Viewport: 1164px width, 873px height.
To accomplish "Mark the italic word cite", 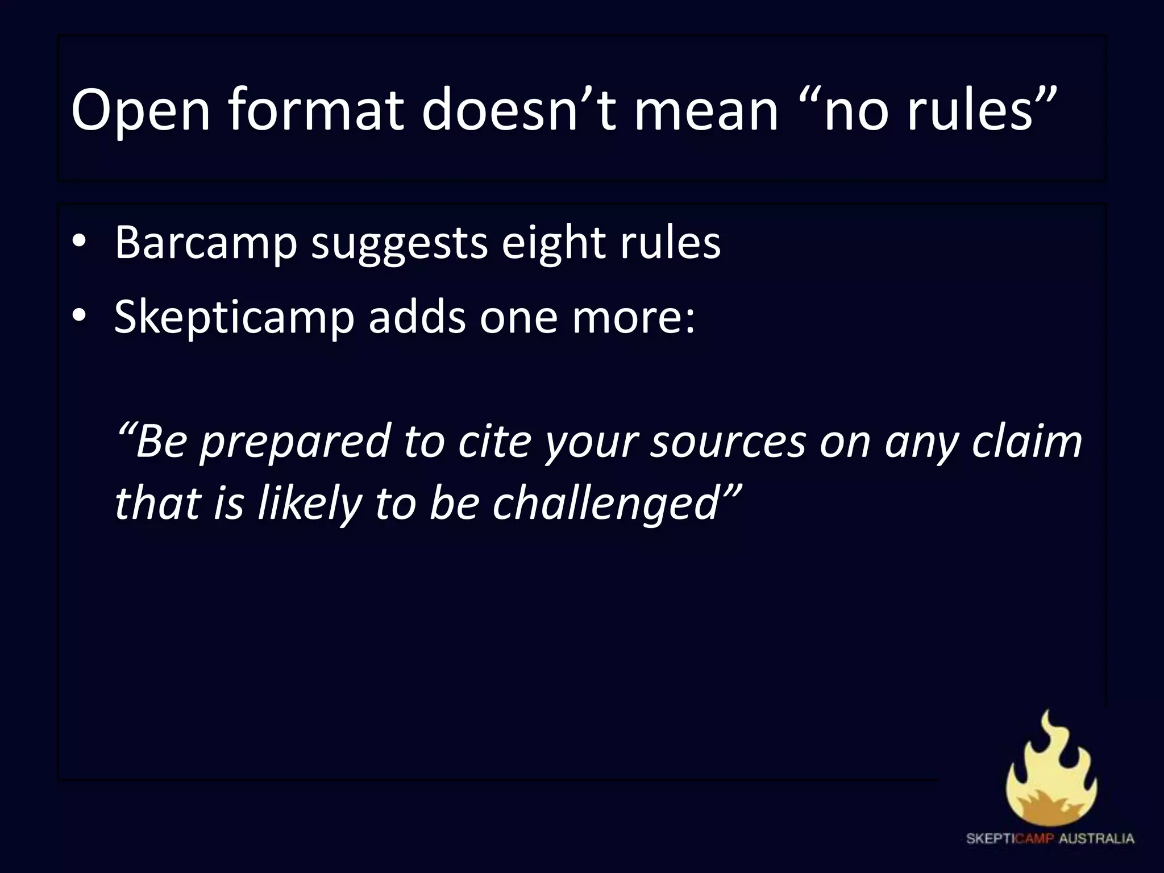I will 494,441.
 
